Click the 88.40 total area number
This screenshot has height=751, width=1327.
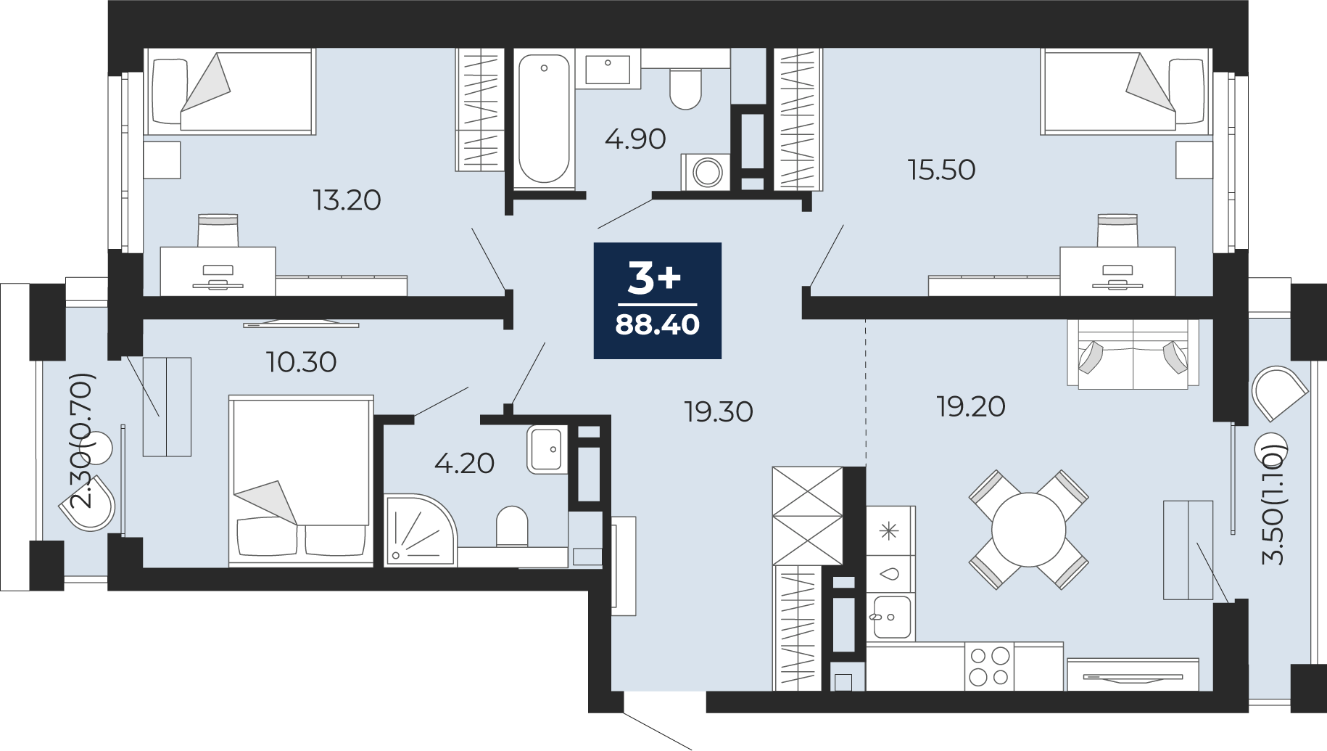coord(657,324)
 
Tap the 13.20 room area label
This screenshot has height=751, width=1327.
coord(347,200)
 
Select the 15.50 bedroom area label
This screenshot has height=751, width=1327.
coord(941,170)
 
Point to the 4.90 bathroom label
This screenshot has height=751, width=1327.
coord(635,139)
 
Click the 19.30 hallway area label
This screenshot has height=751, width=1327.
coord(719,411)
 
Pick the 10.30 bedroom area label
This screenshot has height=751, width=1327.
coord(301,361)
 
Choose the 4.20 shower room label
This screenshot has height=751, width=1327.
coord(464,463)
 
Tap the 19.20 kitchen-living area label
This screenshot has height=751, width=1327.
coord(971,406)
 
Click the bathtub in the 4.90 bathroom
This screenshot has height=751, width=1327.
coord(544,119)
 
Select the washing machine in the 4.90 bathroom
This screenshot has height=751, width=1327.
coord(706,172)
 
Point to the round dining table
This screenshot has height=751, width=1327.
coord(1029,529)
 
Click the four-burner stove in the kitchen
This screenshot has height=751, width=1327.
coord(989,666)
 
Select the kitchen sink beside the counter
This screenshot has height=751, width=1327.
coord(892,617)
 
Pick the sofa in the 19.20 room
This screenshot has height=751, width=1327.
coord(1133,353)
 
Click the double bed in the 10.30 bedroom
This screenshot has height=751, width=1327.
coord(301,480)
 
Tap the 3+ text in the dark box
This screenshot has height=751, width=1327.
coord(654,278)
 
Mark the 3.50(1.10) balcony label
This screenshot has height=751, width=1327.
coord(1273,505)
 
